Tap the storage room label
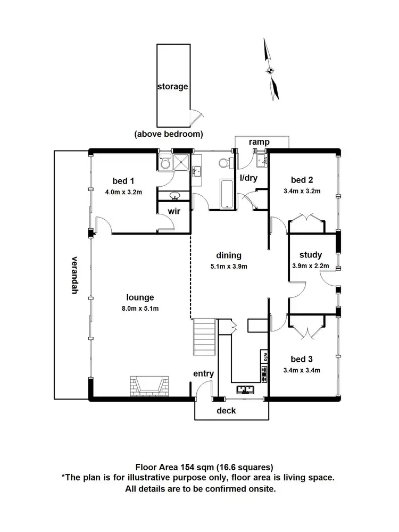click(x=172, y=86)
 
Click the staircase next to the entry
click(x=204, y=337)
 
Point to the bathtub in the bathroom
click(x=226, y=192)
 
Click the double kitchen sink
click(x=245, y=389)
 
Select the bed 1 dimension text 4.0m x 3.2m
click(x=123, y=192)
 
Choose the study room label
click(x=311, y=255)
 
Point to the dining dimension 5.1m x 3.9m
click(x=229, y=267)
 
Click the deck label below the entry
click(x=226, y=411)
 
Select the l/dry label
click(x=248, y=178)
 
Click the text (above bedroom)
click(x=169, y=134)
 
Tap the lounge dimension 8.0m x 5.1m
click(x=140, y=309)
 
